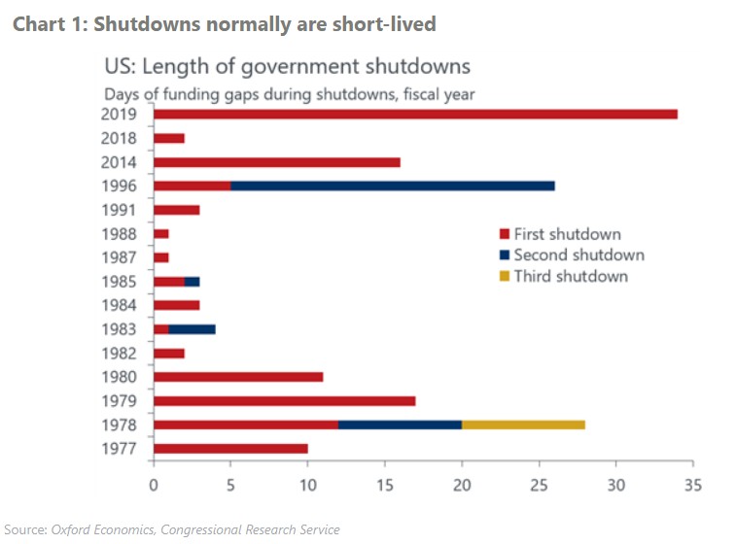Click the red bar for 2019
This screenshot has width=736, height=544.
pos(415,115)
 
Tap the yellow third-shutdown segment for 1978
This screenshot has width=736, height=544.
pos(523,425)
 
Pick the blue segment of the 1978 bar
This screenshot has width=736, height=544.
pos(400,425)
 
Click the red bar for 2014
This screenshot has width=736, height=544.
pos(277,162)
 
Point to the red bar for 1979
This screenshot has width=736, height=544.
pos(285,400)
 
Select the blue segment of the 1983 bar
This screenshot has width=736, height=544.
pos(192,329)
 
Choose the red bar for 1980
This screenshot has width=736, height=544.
pos(238,377)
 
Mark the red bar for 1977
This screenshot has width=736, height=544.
pos(230,448)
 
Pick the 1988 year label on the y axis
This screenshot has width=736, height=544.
pos(123,234)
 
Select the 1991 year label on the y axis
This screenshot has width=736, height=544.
pos(123,210)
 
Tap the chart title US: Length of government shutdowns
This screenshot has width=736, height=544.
pos(287,67)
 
